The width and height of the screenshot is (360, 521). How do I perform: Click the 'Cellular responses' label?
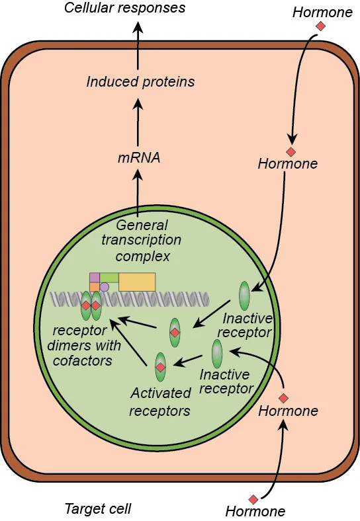tap(125, 8)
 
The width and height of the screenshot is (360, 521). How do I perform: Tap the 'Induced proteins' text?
tap(140, 82)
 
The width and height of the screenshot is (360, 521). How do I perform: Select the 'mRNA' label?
tap(139, 157)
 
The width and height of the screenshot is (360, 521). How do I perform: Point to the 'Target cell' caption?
tap(98, 508)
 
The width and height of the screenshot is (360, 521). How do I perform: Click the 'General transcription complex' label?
tap(142, 241)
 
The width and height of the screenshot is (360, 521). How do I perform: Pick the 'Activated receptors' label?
tap(159, 402)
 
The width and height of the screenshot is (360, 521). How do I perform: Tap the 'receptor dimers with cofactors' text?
tap(83, 346)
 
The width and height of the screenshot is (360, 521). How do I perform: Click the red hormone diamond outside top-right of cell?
tap(320, 26)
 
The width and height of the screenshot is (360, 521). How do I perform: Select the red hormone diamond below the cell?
tap(253, 499)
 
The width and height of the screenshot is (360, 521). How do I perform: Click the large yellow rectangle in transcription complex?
tap(137, 282)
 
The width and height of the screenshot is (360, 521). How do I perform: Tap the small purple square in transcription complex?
tap(95, 278)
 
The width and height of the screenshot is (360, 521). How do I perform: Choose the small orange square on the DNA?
tap(95, 287)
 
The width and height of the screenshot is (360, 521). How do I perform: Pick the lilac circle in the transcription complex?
tap(105, 287)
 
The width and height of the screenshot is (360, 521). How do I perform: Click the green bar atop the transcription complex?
tap(109, 278)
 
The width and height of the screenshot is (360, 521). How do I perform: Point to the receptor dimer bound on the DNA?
tap(91, 305)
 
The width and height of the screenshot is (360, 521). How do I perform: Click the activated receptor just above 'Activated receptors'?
tap(160, 367)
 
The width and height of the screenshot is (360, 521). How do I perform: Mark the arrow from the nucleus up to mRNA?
tap(138, 190)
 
